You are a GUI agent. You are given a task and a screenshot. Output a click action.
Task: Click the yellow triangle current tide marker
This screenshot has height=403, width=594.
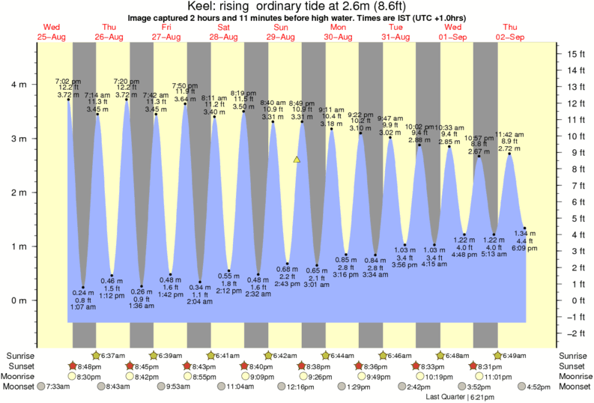(x=297, y=160)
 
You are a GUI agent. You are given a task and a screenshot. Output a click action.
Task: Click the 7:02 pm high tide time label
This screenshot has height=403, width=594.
(x=67, y=80)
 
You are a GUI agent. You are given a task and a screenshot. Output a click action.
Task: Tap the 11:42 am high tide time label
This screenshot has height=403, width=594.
(x=509, y=134)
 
